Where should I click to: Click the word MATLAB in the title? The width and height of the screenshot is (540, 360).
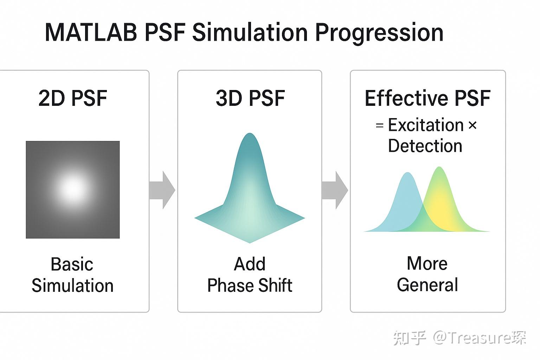click(91, 32)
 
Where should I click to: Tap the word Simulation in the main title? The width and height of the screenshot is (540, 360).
click(251, 32)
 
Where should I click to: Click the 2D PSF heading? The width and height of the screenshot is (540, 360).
click(72, 98)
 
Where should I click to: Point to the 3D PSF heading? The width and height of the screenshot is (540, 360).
click(250, 98)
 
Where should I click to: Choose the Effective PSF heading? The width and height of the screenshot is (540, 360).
click(427, 98)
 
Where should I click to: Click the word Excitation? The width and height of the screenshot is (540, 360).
click(426, 125)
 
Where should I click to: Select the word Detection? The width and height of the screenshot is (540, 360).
click(425, 146)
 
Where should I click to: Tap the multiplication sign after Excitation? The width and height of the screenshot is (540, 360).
click(472, 126)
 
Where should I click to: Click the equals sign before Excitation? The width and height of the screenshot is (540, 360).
click(379, 126)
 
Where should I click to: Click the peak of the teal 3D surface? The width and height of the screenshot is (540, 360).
click(250, 135)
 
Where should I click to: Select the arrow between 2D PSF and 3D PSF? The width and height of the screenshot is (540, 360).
click(162, 190)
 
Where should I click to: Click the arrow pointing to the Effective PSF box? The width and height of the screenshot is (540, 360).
click(335, 190)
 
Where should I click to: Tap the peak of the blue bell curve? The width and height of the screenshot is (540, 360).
click(407, 174)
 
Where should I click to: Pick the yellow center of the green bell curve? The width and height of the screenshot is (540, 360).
click(439, 200)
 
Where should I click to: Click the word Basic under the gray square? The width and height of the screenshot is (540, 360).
click(72, 264)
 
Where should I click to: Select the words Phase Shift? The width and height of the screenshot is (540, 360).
click(250, 285)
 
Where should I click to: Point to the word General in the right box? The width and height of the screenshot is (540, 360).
click(427, 285)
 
